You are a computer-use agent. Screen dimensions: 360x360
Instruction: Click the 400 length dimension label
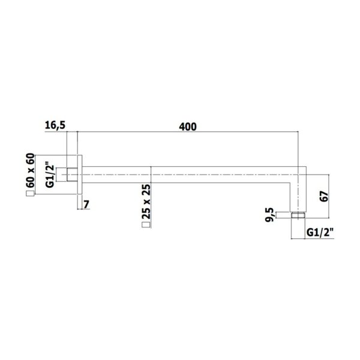tap(188, 127)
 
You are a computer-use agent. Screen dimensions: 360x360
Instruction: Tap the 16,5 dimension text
tap(55, 125)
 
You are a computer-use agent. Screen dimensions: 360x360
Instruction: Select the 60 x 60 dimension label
tap(30, 170)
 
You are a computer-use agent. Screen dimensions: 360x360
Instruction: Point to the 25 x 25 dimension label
tap(146, 202)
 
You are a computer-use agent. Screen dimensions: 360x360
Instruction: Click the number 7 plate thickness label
tap(86, 205)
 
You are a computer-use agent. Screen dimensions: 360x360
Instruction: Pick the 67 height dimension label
tap(324, 196)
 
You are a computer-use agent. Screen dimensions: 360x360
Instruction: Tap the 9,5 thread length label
tap(269, 215)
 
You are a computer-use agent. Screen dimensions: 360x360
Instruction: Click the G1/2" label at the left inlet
tap(50, 175)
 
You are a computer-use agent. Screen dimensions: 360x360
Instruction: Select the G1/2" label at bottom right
tap(320, 233)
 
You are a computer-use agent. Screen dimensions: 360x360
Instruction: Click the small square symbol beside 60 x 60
tap(30, 194)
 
